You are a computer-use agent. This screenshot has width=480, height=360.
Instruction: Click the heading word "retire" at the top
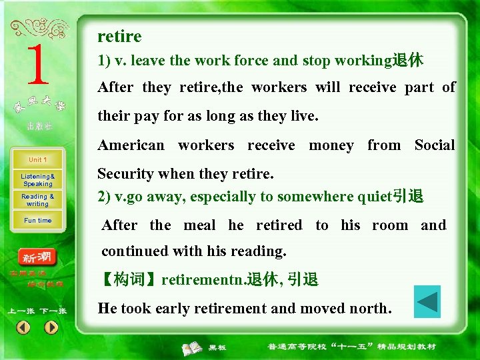pyautogui.click(x=119, y=36)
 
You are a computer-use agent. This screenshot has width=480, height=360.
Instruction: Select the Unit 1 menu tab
pyautogui.click(x=37, y=160)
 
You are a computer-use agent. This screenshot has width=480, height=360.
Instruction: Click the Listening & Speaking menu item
pyautogui.click(x=37, y=180)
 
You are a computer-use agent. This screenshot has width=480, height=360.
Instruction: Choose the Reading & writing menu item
pyautogui.click(x=37, y=200)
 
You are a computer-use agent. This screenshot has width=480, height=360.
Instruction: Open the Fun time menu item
pyautogui.click(x=37, y=221)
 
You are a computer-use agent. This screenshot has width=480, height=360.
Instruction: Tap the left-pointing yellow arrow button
pyautogui.click(x=23, y=327)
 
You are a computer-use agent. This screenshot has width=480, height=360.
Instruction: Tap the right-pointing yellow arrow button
pyautogui.click(x=51, y=327)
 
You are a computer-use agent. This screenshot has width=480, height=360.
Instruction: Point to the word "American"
pyautogui.click(x=131, y=145)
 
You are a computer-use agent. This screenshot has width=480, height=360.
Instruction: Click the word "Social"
pyautogui.click(x=434, y=145)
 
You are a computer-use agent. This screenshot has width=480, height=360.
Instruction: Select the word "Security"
pyautogui.click(x=122, y=174)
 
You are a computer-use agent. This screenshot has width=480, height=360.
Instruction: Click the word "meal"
pyautogui.click(x=199, y=225)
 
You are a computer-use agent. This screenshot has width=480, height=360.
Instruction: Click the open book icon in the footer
pyautogui.click(x=193, y=347)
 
